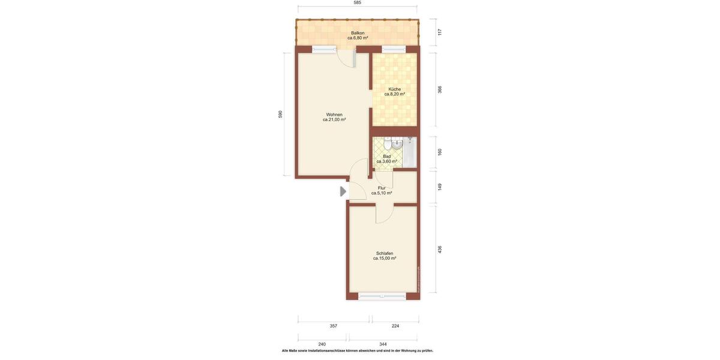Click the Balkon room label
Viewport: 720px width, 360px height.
click(358, 33)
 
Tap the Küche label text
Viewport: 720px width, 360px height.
click(394, 89)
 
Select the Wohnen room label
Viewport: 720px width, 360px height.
click(334, 115)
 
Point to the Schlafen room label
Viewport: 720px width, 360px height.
click(385, 253)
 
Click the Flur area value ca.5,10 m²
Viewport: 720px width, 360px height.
click(382, 193)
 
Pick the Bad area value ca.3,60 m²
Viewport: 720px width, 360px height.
click(386, 161)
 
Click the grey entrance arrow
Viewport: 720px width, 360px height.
click(343, 191)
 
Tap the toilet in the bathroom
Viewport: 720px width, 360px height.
click(388, 144)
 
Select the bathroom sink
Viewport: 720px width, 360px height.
click(397, 144)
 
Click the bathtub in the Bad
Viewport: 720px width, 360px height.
click(410, 152)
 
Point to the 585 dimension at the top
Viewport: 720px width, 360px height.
click(358, 3)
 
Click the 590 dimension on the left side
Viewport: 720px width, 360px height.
click(280, 114)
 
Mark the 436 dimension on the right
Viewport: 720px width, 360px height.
click(440, 249)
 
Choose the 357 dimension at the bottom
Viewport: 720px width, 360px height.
click(334, 326)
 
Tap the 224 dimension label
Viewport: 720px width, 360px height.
click(395, 326)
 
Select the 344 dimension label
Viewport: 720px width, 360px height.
click(383, 344)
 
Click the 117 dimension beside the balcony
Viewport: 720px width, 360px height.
click(440, 32)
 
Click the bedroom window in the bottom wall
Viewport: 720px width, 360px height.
click(382, 296)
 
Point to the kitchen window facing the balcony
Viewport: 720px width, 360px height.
click(394, 49)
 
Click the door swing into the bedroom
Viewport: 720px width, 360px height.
click(384, 214)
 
